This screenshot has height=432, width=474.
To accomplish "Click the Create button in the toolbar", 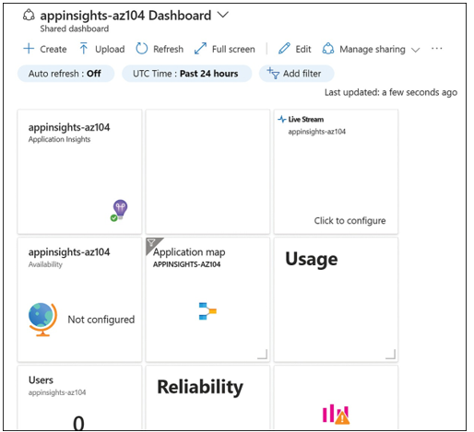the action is point(45,49).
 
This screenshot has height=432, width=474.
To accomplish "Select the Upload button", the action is point(102,49).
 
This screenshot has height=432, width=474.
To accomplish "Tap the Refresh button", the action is point(160,49).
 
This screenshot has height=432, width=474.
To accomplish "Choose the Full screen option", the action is point(225,49).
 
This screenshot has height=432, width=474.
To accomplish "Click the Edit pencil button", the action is point(294,49).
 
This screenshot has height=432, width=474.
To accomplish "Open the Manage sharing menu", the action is point(371,49).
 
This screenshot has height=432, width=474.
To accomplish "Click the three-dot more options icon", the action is point(436,49).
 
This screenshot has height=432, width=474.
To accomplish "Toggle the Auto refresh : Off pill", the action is point(65,74).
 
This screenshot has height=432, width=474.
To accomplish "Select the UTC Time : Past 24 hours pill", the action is point(187,74).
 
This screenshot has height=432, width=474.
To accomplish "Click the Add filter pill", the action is point(296,74).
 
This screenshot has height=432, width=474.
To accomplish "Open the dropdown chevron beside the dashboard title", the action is point(223,15).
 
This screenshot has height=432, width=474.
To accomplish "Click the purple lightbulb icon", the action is point(120,209).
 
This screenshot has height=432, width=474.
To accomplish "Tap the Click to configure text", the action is point(350,220).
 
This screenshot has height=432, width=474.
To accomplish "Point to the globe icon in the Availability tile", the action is point(42,319).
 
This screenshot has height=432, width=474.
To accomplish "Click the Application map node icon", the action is point(207,311).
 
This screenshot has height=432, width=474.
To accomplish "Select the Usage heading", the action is point(312,259).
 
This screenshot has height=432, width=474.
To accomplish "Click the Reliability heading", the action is point(200,386).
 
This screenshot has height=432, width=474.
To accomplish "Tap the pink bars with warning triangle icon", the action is point(336,414).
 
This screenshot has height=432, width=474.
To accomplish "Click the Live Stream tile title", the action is point(306,119).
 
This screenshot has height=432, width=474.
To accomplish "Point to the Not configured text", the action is point(101,320).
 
